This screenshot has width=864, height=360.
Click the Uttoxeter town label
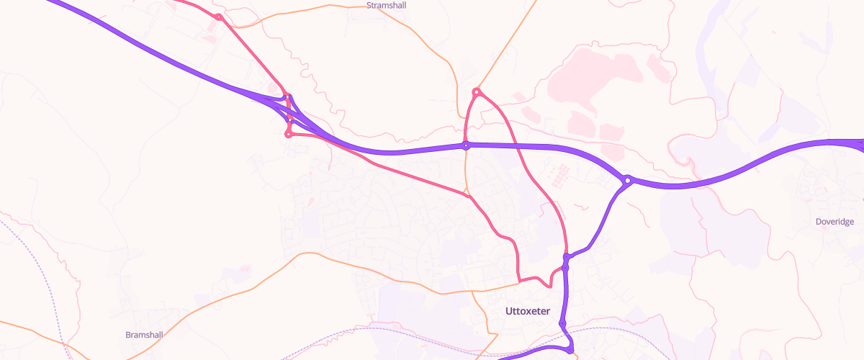[528, 311]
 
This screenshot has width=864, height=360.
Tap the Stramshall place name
[388, 5]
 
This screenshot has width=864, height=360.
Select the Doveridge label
[834, 222]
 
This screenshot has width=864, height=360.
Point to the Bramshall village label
[145, 335]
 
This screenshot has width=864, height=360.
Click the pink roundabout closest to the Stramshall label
[476, 91]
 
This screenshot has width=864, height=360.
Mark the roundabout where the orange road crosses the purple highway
[466, 145]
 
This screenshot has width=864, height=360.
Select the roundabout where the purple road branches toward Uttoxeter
[628, 180]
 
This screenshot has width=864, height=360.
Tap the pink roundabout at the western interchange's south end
[288, 133]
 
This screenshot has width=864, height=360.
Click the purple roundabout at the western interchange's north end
[287, 96]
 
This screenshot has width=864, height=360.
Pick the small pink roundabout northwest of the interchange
[218, 17]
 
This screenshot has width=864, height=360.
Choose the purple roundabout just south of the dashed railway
[570, 351]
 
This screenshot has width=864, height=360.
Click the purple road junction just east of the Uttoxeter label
[562, 323]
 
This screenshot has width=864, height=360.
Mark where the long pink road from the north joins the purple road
[566, 256]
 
